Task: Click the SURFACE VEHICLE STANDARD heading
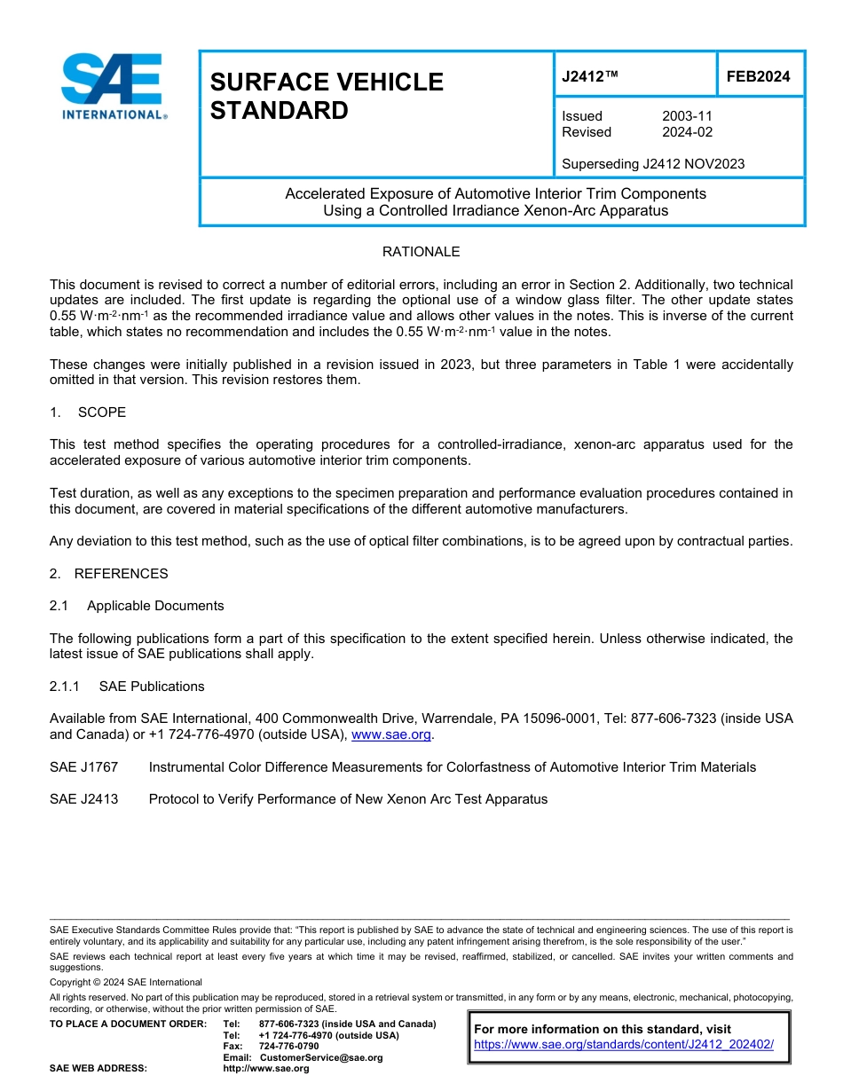click(326, 96)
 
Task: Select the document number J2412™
click(589, 77)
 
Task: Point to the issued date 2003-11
click(687, 116)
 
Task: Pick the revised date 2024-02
click(687, 132)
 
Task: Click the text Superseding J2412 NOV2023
click(653, 164)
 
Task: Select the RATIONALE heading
click(421, 252)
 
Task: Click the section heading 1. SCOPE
click(88, 412)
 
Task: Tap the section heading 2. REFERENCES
click(108, 574)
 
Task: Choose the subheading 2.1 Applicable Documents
click(137, 606)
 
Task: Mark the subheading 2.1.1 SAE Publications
click(127, 687)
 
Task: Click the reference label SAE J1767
click(83, 767)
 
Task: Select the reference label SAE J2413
click(83, 799)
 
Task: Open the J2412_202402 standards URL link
click(624, 1045)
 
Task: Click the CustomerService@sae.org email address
click(321, 1057)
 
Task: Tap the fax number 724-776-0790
click(288, 1047)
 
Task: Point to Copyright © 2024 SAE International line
click(126, 982)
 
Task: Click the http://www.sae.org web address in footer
click(266, 1069)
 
